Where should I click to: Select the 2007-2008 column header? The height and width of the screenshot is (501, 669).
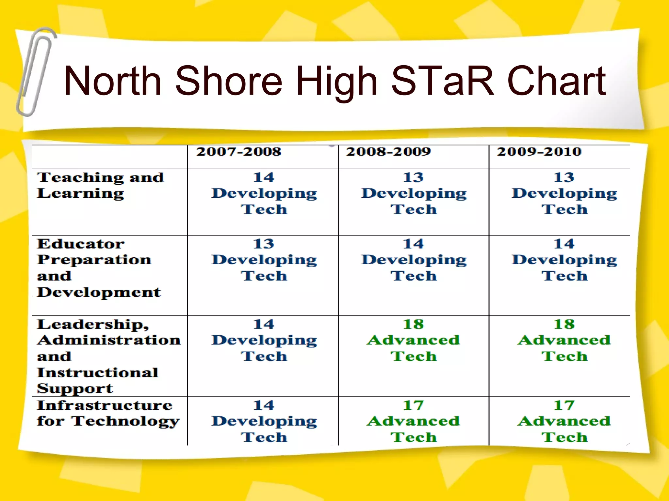(239, 152)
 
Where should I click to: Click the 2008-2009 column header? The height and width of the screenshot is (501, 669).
(388, 152)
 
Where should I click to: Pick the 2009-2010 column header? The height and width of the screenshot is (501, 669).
(539, 152)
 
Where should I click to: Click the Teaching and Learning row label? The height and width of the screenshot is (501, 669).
(100, 185)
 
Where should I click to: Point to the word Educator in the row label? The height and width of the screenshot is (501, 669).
(80, 244)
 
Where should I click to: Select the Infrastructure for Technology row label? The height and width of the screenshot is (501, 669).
(108, 413)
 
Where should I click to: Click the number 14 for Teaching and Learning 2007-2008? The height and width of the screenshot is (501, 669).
(264, 177)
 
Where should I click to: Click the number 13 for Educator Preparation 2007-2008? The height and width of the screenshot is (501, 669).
(264, 244)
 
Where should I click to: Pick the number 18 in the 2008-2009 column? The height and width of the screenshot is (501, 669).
(413, 325)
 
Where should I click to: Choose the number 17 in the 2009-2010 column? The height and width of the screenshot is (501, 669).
(564, 405)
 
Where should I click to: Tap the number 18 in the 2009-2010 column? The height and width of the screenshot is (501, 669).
(564, 325)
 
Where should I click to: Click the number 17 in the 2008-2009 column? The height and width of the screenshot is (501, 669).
(413, 405)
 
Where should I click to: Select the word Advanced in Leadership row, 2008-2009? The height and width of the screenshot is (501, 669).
(413, 340)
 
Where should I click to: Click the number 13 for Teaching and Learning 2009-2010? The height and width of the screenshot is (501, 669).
(564, 177)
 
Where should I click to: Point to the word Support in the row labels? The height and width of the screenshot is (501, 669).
(75, 388)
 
